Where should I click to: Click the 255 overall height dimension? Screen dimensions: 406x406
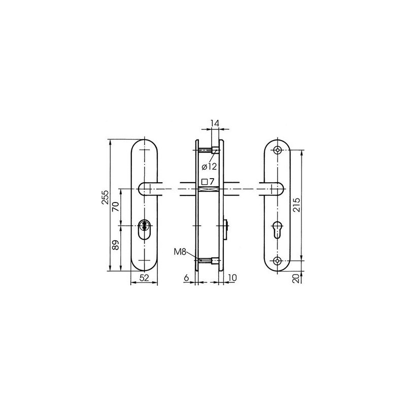coord(106,197)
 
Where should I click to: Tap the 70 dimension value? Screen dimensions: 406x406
coord(115,207)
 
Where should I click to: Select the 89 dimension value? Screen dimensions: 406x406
coord(116,245)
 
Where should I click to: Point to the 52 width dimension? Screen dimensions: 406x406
coord(144,278)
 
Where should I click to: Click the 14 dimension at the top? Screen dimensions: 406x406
coord(215,123)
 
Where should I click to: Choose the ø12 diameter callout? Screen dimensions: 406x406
coord(209,166)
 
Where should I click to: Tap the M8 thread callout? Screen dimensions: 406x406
coord(180,252)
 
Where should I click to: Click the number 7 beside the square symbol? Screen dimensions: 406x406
coord(212,181)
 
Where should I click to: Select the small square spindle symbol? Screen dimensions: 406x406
coord(205,182)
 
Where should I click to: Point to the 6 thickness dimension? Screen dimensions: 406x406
coord(186,278)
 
